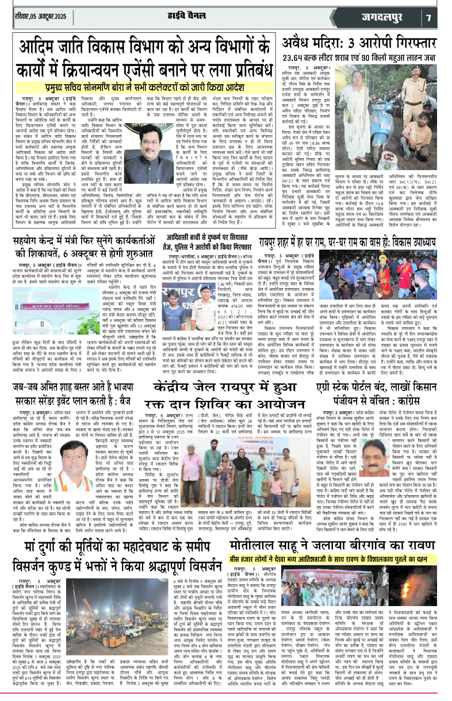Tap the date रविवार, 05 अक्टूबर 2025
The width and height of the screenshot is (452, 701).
(37, 15)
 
